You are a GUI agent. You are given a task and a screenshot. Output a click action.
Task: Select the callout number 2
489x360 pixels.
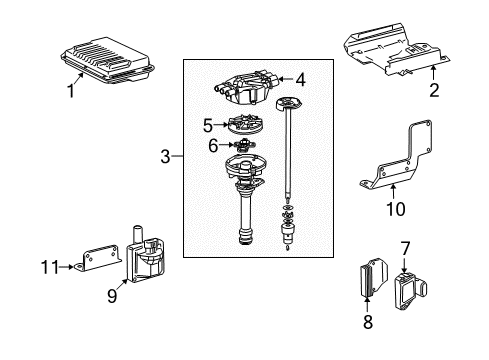point(434,91)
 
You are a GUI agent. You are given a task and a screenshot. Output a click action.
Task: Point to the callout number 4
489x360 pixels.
point(300,78)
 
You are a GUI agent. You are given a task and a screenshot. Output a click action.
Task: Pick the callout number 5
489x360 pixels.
point(207,126)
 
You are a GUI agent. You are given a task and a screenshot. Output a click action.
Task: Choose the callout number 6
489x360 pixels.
point(212,146)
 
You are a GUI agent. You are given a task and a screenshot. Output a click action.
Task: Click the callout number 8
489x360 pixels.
point(367,321)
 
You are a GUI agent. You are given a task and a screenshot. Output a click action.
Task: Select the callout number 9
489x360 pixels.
point(112,295)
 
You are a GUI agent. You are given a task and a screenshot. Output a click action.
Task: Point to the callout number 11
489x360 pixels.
point(57,267)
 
